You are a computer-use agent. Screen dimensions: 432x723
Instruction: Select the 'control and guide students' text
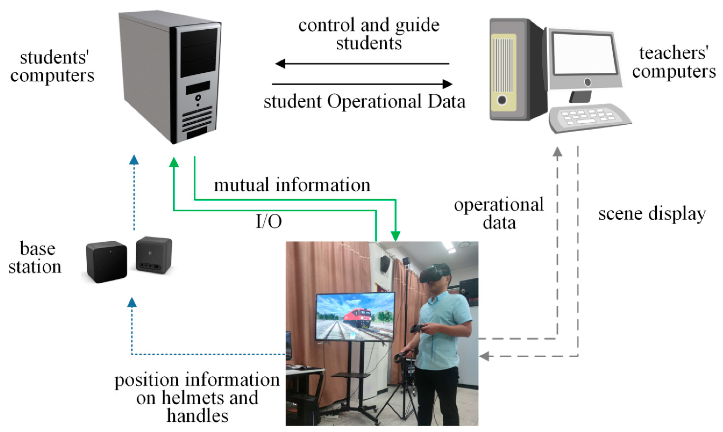pos(369,34)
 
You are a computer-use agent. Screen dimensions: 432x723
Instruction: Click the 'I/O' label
pos(268,222)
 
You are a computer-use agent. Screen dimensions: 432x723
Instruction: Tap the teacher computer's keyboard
pos(589,118)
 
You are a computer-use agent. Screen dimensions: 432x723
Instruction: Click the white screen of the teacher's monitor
pos(584,54)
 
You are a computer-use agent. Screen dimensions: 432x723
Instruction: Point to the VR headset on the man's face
pos(434,274)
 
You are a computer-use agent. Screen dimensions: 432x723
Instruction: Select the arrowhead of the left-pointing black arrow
pos(280,63)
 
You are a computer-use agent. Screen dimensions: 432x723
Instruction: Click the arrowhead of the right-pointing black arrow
pos(447,84)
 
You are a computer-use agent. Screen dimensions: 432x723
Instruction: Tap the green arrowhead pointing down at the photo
pos(395,236)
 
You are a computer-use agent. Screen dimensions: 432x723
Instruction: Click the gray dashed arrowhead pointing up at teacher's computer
pos(557,152)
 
